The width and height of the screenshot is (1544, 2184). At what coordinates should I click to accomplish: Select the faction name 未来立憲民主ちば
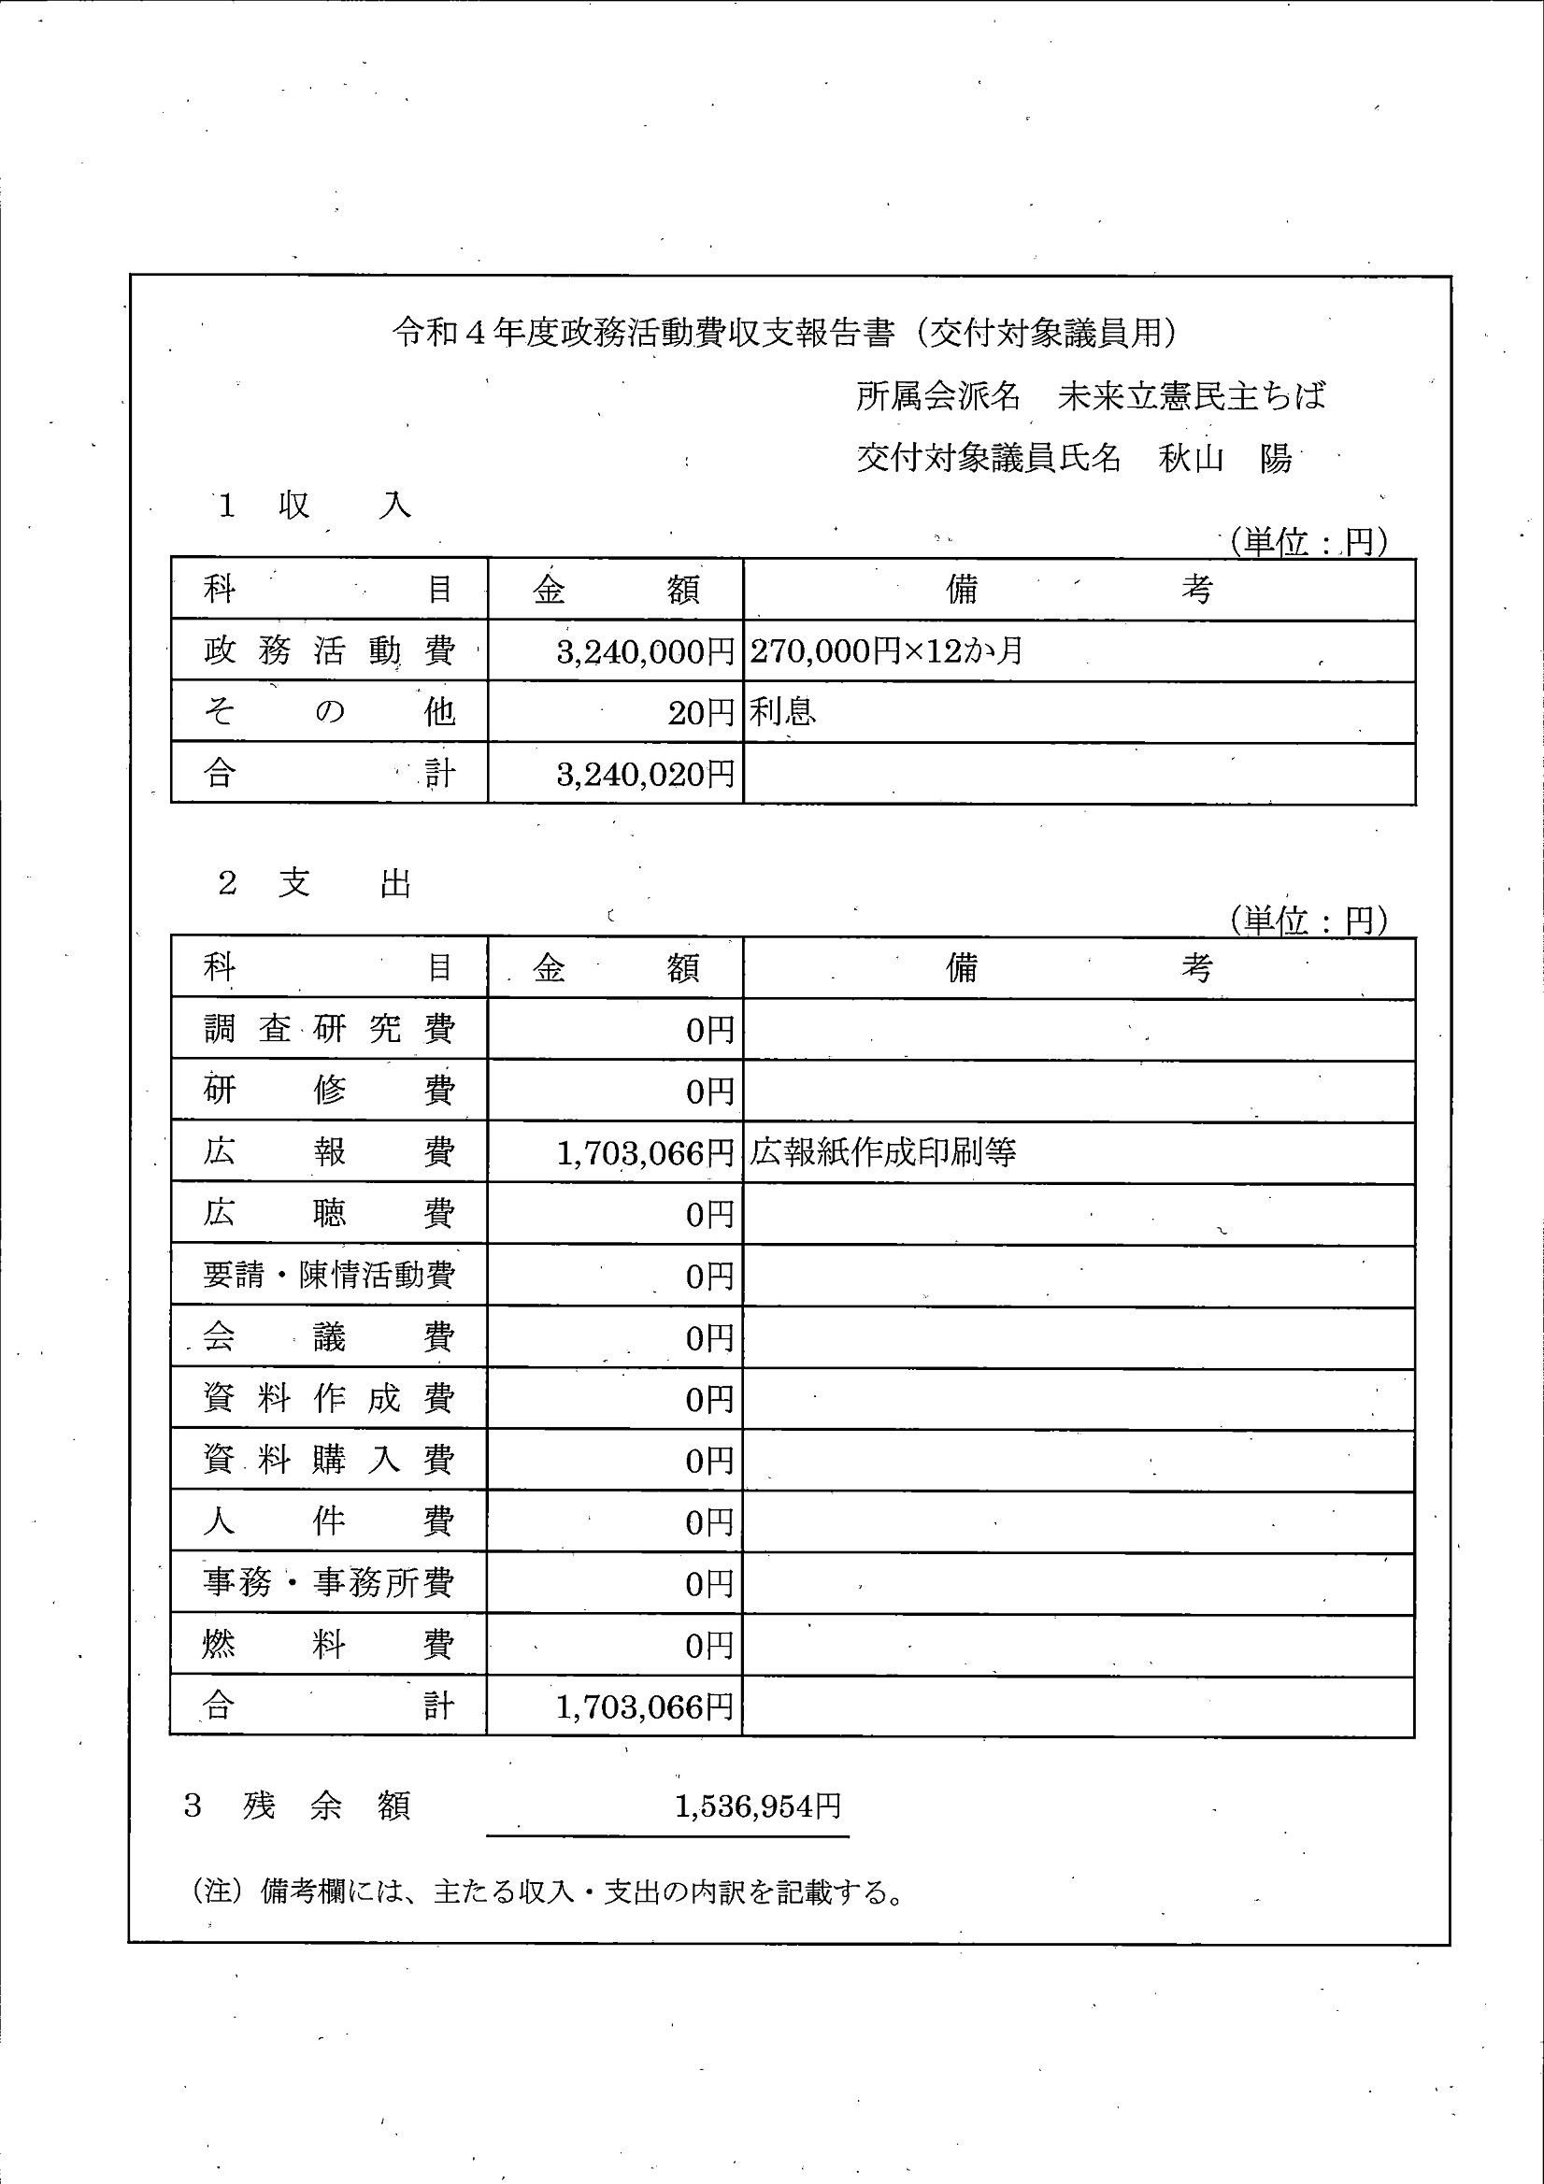[x=1191, y=395]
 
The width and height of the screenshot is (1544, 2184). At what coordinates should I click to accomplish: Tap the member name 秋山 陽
[x=1224, y=459]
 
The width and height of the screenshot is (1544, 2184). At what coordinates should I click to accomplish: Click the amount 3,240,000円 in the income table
[x=645, y=651]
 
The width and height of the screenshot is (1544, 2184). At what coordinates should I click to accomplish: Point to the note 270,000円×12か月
[x=886, y=651]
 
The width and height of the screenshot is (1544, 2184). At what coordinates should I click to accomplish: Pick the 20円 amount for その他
[x=700, y=712]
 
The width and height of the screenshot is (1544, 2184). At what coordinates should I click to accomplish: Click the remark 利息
[x=782, y=711]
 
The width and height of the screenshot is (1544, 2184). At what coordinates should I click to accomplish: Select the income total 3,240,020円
[x=645, y=775]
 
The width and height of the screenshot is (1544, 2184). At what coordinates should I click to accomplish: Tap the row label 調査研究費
[x=328, y=1029]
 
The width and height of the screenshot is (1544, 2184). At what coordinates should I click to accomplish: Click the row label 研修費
[x=328, y=1090]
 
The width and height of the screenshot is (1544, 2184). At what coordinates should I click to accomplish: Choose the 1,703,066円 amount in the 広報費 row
[x=644, y=1153]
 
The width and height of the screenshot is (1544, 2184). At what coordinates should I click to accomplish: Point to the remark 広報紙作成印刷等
[x=883, y=1153]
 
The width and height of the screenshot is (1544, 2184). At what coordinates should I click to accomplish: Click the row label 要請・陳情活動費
[x=328, y=1275]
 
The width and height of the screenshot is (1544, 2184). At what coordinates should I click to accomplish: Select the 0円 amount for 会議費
[x=708, y=1338]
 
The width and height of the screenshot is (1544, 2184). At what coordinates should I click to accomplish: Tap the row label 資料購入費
[x=328, y=1459]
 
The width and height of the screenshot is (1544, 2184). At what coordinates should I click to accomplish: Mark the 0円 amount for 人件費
[x=708, y=1522]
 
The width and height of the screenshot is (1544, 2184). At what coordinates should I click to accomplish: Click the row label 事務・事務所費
[x=328, y=1583]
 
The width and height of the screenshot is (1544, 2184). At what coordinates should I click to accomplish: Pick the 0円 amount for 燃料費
[x=708, y=1645]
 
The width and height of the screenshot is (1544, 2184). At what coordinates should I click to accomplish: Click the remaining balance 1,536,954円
[x=757, y=1806]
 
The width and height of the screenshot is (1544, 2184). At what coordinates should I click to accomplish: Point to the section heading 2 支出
[x=314, y=884]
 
